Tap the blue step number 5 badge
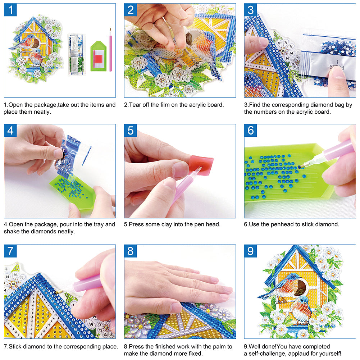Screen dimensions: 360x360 tap(131, 131)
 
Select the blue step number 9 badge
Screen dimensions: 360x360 tap(251, 251)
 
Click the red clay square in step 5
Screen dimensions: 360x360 tap(202, 165)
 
